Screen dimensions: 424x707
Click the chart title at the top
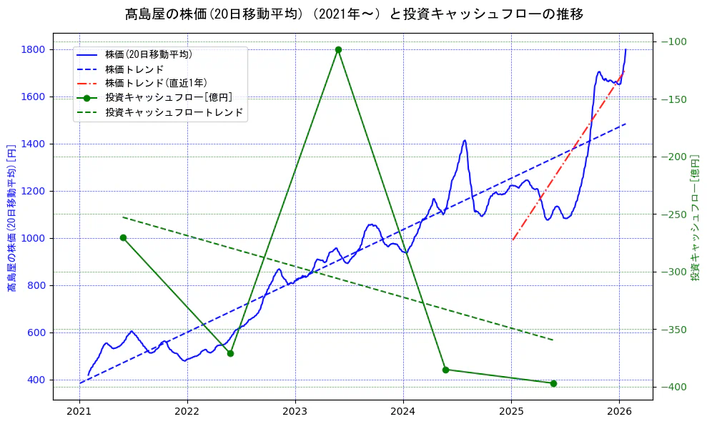[354, 14]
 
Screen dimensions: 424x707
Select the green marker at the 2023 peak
[338, 49]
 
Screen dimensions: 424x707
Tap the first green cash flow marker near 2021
[123, 237]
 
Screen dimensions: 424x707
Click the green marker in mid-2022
[230, 353]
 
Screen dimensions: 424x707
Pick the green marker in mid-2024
[445, 370]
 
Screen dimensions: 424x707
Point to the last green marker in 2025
[553, 383]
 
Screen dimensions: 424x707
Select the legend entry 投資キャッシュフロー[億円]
[168, 98]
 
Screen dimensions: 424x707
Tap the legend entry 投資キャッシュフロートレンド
[174, 112]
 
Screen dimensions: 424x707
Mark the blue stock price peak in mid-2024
[465, 141]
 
